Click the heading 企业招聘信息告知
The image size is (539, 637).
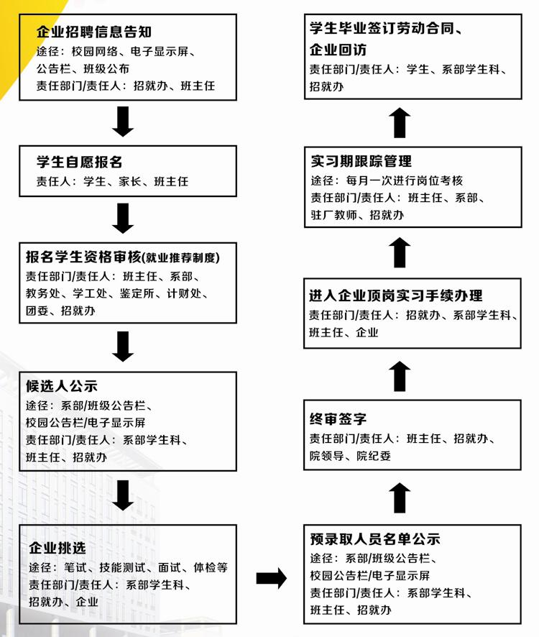click(94, 32)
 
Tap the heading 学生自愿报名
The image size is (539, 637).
click(80, 162)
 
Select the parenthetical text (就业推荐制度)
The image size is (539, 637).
click(181, 257)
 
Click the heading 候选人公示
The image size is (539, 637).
click(62, 386)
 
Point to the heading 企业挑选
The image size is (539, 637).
click(57, 548)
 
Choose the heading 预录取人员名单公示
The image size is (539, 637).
click(375, 539)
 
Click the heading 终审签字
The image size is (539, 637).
click(338, 419)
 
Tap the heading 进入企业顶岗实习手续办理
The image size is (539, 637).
click(395, 295)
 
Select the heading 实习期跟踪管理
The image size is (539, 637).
click(361, 161)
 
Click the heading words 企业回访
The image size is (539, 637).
click(338, 50)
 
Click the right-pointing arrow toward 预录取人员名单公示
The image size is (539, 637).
click(272, 578)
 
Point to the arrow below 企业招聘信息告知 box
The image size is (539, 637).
click(123, 122)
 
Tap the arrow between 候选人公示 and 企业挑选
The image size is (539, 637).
click(123, 495)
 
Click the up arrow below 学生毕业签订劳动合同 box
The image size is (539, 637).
click(400, 123)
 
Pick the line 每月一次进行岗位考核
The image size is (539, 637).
click(404, 180)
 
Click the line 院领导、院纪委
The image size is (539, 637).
click(350, 456)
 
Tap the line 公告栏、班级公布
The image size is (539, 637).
click(83, 68)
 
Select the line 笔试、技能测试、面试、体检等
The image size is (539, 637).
click(146, 567)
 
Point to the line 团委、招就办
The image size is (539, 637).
click(60, 311)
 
